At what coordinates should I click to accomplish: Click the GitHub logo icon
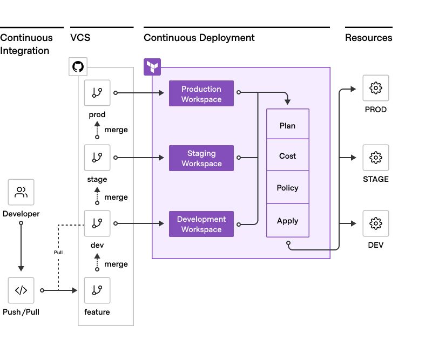[78, 67]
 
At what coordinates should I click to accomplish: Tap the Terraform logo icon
[152, 67]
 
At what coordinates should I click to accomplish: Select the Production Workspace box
[201, 94]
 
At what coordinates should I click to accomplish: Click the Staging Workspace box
[201, 158]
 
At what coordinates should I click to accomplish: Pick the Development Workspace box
[201, 224]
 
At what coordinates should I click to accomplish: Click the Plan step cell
[287, 125]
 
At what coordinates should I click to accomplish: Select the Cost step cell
[287, 155]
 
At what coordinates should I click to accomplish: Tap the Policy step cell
[287, 187]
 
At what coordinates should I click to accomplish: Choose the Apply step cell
[287, 220]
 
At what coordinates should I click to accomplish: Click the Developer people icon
[21, 192]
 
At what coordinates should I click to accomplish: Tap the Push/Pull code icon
[21, 290]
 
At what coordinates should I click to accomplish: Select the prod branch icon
[97, 93]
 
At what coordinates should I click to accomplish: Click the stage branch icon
[97, 157]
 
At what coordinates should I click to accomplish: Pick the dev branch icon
[97, 223]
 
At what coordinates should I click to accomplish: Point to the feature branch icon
[97, 290]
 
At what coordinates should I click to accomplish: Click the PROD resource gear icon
[375, 88]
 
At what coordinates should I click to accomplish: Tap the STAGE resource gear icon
[375, 158]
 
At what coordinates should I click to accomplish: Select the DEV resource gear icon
[375, 223]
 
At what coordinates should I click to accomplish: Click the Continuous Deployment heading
[199, 38]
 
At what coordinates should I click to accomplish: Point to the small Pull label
[58, 252]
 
